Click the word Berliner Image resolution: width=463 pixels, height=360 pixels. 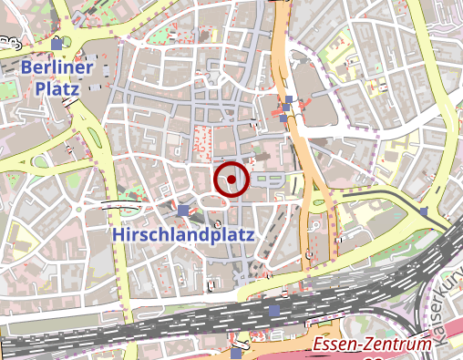click(x=58, y=67)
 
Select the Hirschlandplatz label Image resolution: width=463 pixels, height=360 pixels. click(x=184, y=234)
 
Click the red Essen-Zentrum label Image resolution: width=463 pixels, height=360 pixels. click(x=369, y=345)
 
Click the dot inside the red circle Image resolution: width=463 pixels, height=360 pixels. click(x=231, y=180)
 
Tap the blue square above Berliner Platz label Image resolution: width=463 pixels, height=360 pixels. click(x=57, y=44)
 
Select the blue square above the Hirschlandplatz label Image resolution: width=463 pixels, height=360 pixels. click(x=184, y=211)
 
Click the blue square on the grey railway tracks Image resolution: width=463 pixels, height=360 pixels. click(x=274, y=312)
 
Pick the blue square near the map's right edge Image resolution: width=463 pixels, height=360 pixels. click(x=425, y=212)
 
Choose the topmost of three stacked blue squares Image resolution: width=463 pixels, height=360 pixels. click(x=289, y=98)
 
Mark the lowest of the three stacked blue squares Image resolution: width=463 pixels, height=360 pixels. click(x=283, y=118)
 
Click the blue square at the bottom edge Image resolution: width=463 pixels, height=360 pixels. click(x=237, y=353)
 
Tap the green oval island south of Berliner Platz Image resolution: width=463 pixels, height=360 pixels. click(x=40, y=164)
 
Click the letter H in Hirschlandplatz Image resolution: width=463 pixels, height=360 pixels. click(x=119, y=235)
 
